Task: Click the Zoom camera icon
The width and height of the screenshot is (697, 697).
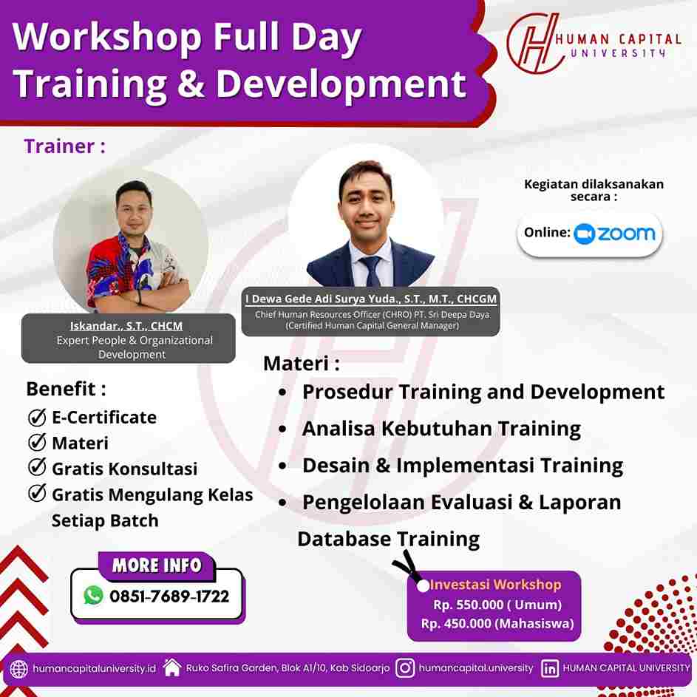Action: click(x=584, y=234)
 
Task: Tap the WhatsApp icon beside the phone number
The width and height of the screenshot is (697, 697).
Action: click(x=93, y=595)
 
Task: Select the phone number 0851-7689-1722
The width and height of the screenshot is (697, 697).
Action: click(x=169, y=596)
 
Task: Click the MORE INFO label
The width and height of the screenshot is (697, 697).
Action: click(x=157, y=565)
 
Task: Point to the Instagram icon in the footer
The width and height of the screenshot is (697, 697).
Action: click(x=405, y=667)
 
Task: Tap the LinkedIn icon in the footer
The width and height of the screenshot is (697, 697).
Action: click(x=549, y=669)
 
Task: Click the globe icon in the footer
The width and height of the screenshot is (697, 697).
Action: click(x=18, y=669)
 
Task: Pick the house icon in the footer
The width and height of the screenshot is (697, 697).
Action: click(x=172, y=667)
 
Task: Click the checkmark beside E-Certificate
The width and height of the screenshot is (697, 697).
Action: click(x=37, y=417)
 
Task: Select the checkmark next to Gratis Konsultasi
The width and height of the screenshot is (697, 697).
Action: click(x=37, y=467)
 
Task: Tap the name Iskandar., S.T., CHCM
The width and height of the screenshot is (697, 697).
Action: click(x=126, y=326)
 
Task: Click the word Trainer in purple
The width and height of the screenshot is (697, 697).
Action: click(x=59, y=146)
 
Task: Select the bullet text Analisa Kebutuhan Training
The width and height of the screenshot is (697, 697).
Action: click(x=441, y=429)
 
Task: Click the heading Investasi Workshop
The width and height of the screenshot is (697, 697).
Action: click(x=495, y=585)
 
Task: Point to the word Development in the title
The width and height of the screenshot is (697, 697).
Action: click(x=341, y=84)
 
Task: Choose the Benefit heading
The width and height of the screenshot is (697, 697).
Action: click(x=61, y=389)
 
